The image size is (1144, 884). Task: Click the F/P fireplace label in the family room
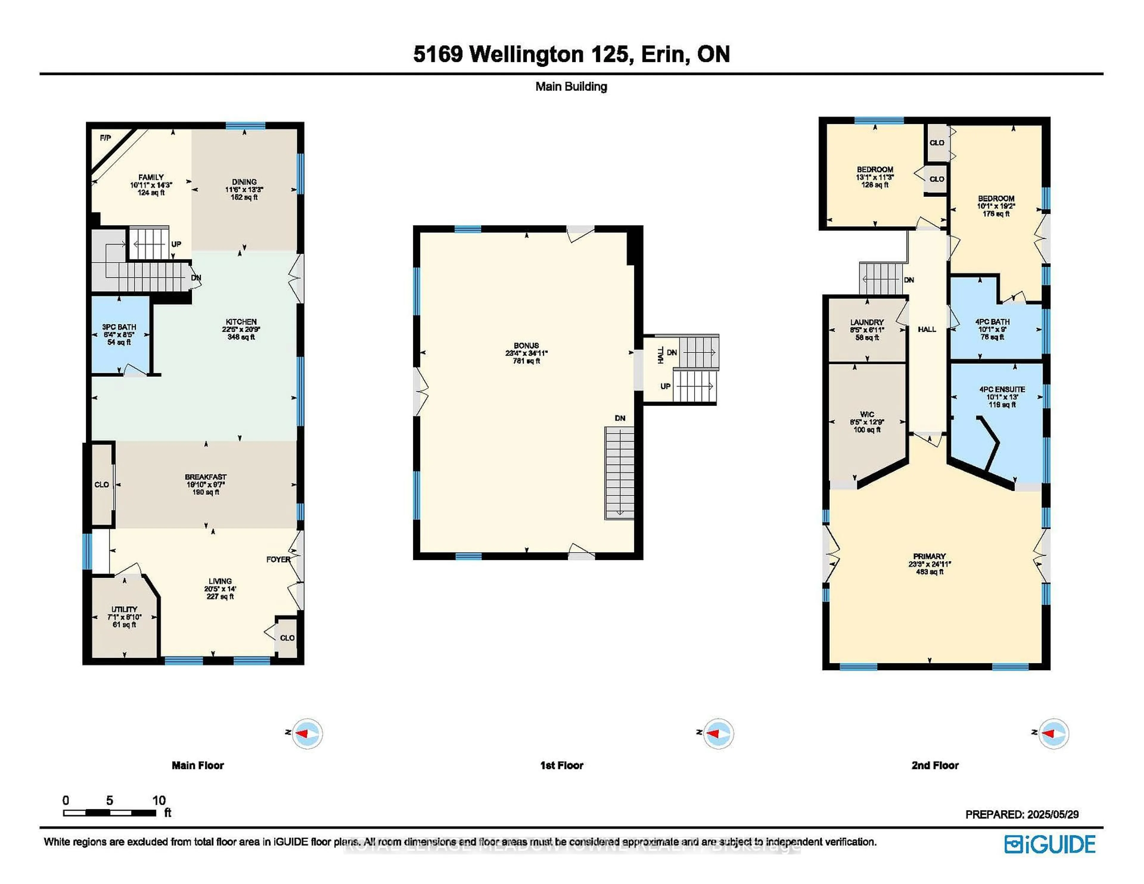pyautogui.click(x=105, y=138)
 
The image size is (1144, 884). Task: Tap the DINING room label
pyautogui.click(x=244, y=182)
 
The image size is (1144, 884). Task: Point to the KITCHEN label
pyautogui.click(x=241, y=322)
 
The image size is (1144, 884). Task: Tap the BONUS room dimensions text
pyautogui.click(x=526, y=354)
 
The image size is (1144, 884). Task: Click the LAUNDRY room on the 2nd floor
pyautogui.click(x=867, y=330)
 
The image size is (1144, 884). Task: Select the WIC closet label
pyautogui.click(x=867, y=414)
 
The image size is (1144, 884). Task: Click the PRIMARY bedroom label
pyautogui.click(x=929, y=556)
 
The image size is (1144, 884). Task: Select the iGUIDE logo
pyautogui.click(x=1050, y=844)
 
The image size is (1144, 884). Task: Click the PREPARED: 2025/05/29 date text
pyautogui.click(x=1022, y=814)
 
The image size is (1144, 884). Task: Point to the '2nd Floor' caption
pyautogui.click(x=935, y=765)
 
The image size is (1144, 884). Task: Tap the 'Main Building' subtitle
pyautogui.click(x=571, y=86)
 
